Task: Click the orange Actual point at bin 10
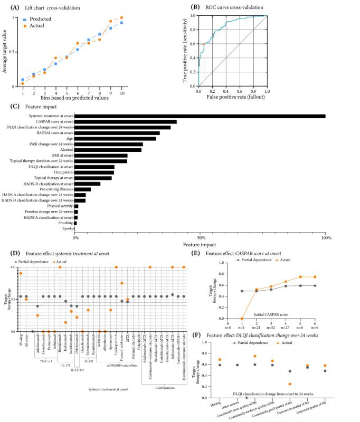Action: point(121,17)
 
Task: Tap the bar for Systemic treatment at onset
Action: point(201,116)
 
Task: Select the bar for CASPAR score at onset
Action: point(126,122)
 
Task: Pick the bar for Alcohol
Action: point(108,150)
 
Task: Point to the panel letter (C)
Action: point(22,107)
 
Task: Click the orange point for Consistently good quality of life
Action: point(290,384)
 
